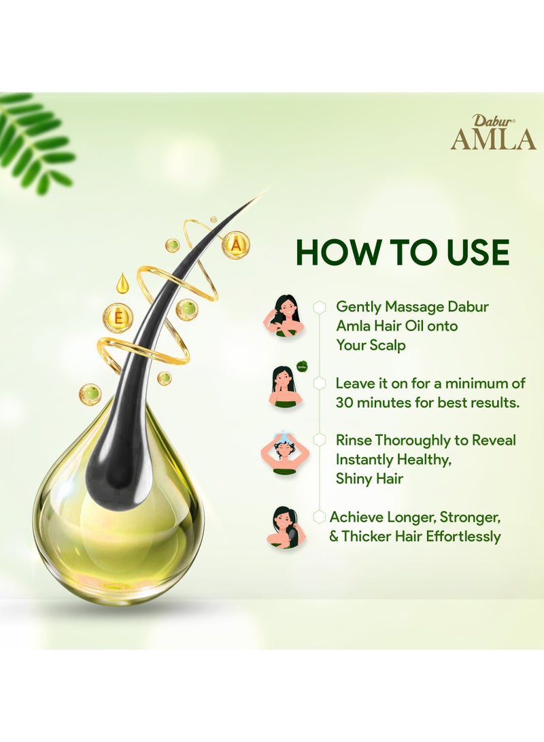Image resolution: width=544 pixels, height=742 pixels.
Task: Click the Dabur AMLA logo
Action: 493,132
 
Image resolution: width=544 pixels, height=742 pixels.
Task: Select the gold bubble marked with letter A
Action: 235,245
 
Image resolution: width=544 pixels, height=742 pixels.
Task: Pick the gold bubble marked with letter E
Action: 118,317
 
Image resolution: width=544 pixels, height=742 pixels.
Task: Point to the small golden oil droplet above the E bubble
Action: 122,283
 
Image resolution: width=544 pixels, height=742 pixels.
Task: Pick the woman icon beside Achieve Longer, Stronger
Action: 284,527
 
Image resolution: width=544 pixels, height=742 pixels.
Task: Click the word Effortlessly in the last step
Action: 463,536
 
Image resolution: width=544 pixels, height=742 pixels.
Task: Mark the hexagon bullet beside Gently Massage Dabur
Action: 319,307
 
